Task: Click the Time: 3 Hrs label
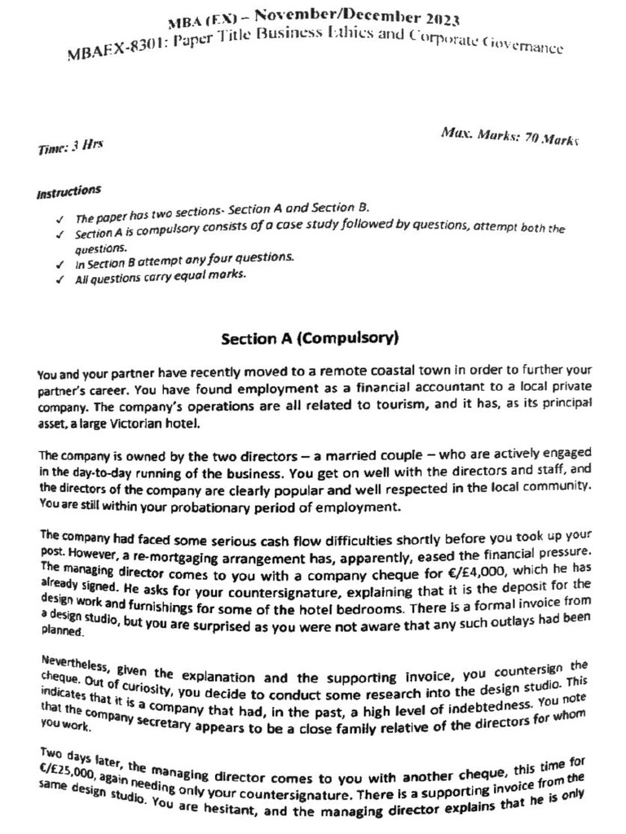click(70, 147)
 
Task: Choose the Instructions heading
click(69, 192)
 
